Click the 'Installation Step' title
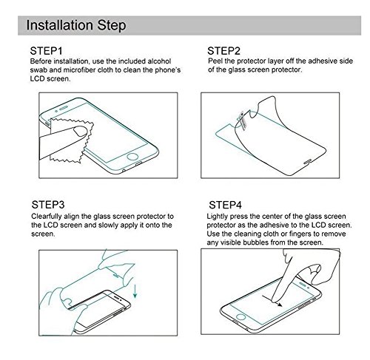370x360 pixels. pyautogui.click(x=76, y=25)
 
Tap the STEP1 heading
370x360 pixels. pyautogui.click(x=46, y=51)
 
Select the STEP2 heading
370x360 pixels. pyautogui.click(x=223, y=51)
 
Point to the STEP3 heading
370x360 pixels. pyautogui.click(x=48, y=205)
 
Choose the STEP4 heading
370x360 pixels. pyautogui.click(x=225, y=205)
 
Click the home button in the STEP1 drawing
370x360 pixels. pyautogui.click(x=132, y=157)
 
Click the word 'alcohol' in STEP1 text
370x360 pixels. pyautogui.click(x=159, y=61)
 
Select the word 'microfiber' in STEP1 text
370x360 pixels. pyautogui.click(x=79, y=70)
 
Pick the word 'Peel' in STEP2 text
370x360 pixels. pyautogui.click(x=215, y=61)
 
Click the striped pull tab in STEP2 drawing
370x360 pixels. pyautogui.click(x=243, y=120)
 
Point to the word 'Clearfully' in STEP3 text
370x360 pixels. pyautogui.click(x=47, y=217)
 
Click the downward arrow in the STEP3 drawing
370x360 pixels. pyautogui.click(x=135, y=291)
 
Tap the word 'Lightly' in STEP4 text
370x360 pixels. pyautogui.click(x=217, y=217)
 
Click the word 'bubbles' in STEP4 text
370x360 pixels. pyautogui.click(x=255, y=242)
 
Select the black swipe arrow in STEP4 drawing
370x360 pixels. pyautogui.click(x=272, y=301)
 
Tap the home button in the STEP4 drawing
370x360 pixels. pyautogui.click(x=241, y=317)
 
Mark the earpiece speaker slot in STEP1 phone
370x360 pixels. pyautogui.click(x=64, y=108)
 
